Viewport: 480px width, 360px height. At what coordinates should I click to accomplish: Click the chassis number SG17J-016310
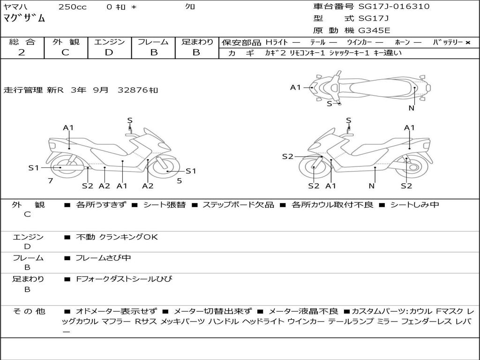[394, 7]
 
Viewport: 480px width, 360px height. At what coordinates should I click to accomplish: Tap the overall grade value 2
[22, 52]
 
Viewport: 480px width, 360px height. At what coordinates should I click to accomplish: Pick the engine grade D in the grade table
[109, 52]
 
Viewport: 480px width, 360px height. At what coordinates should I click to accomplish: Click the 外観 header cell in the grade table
[66, 42]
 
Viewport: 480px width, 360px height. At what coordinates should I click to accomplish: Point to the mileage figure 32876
[133, 90]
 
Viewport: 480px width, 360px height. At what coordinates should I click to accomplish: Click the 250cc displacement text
[73, 7]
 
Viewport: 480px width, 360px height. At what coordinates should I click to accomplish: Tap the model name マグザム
[24, 18]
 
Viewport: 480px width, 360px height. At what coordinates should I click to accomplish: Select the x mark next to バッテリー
[468, 43]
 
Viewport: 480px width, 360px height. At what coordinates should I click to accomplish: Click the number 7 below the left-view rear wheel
[51, 181]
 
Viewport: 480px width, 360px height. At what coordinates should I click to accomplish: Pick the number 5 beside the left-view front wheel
[180, 181]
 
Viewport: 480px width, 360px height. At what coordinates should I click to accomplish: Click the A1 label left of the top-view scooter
[295, 88]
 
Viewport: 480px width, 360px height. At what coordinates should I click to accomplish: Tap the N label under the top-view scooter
[412, 108]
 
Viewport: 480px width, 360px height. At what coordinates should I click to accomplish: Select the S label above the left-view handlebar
[130, 120]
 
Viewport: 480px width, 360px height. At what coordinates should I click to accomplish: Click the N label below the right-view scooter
[372, 186]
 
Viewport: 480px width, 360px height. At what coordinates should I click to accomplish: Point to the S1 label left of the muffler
[34, 168]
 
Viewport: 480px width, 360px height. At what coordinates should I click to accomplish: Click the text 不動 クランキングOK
[117, 237]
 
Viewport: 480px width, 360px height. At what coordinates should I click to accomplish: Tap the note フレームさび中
[103, 258]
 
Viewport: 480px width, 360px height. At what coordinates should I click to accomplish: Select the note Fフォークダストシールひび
[124, 279]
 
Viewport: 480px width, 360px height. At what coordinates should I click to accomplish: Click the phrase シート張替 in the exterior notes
[165, 204]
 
